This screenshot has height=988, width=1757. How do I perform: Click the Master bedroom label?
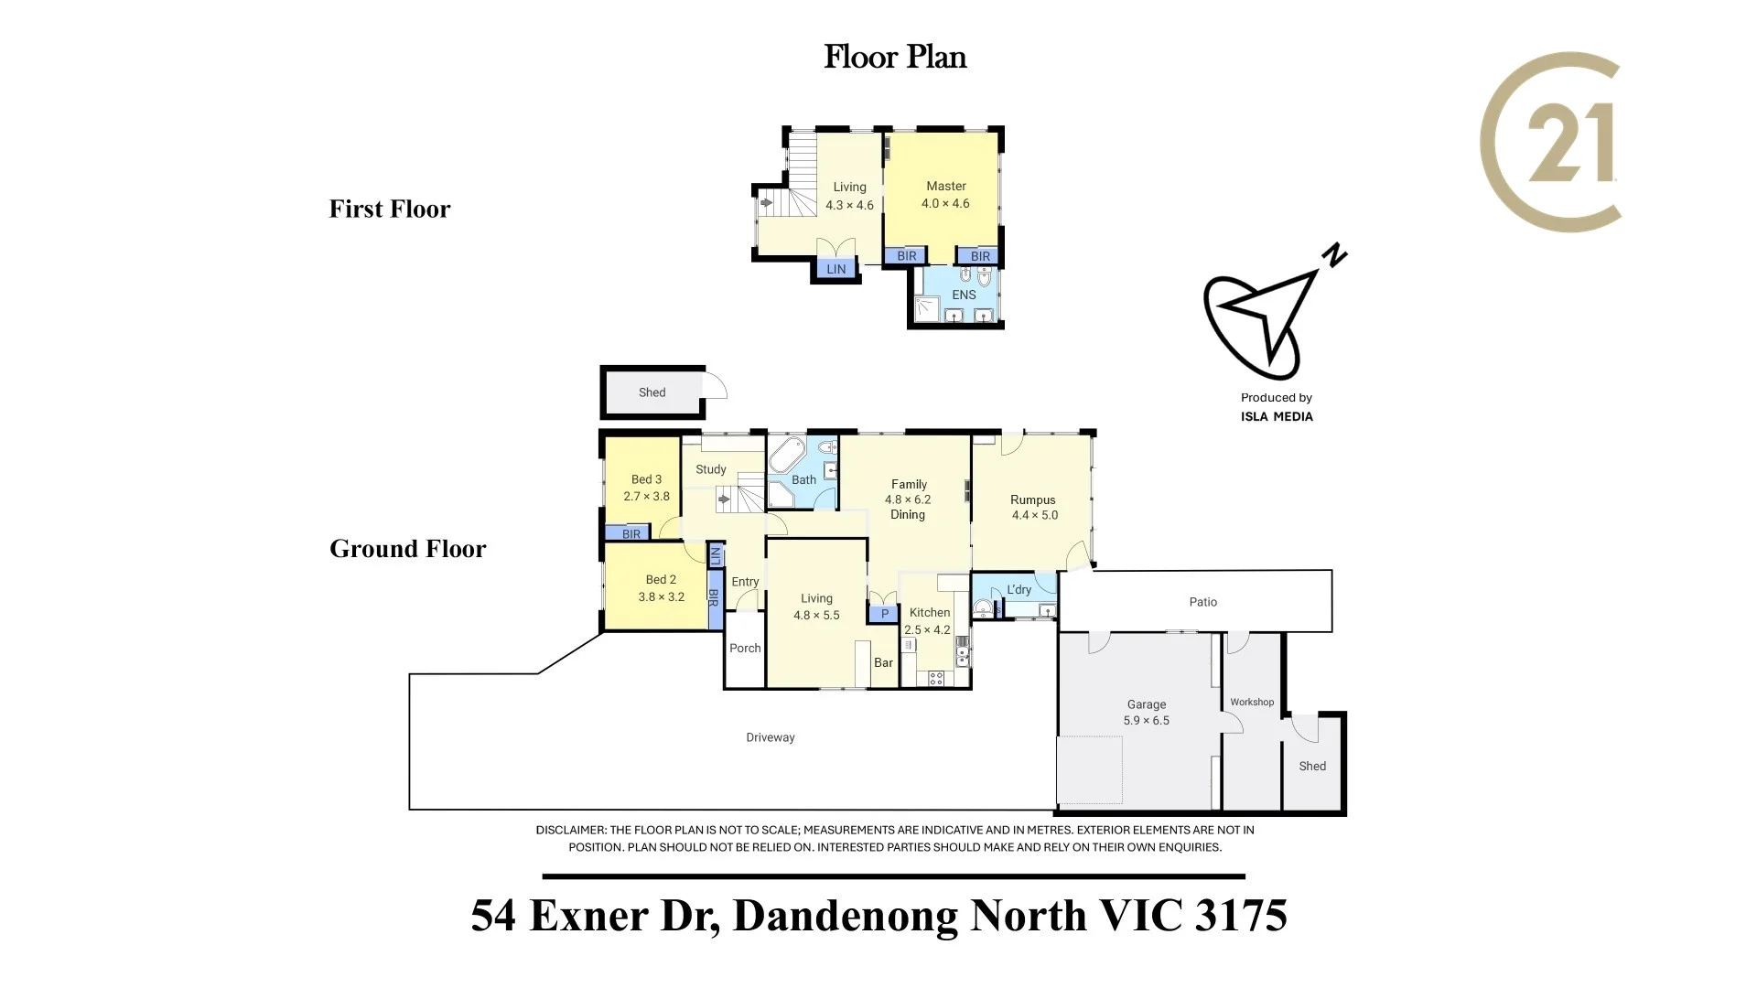945,187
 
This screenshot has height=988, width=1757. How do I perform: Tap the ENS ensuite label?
964,295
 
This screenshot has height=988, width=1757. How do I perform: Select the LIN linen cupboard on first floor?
836,269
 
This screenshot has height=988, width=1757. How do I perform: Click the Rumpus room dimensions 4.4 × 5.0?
1034,515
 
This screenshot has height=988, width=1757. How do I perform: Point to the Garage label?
1146,704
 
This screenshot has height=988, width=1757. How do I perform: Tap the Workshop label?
1251,703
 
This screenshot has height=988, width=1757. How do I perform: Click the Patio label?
1202,602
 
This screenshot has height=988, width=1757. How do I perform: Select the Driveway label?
770,737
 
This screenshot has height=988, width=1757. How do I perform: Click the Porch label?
745,649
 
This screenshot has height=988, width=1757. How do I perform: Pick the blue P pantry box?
884,615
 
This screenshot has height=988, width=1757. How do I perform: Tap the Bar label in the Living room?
883,663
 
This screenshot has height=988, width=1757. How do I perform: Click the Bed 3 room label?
646,479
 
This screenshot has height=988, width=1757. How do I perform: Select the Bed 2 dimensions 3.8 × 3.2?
661,597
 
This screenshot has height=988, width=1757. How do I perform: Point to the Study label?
710,469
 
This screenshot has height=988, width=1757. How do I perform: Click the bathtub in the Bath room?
785,455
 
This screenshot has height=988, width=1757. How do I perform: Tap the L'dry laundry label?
1019,590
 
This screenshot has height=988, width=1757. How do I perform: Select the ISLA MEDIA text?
1277,417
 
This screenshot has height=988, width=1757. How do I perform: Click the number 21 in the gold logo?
1568,144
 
